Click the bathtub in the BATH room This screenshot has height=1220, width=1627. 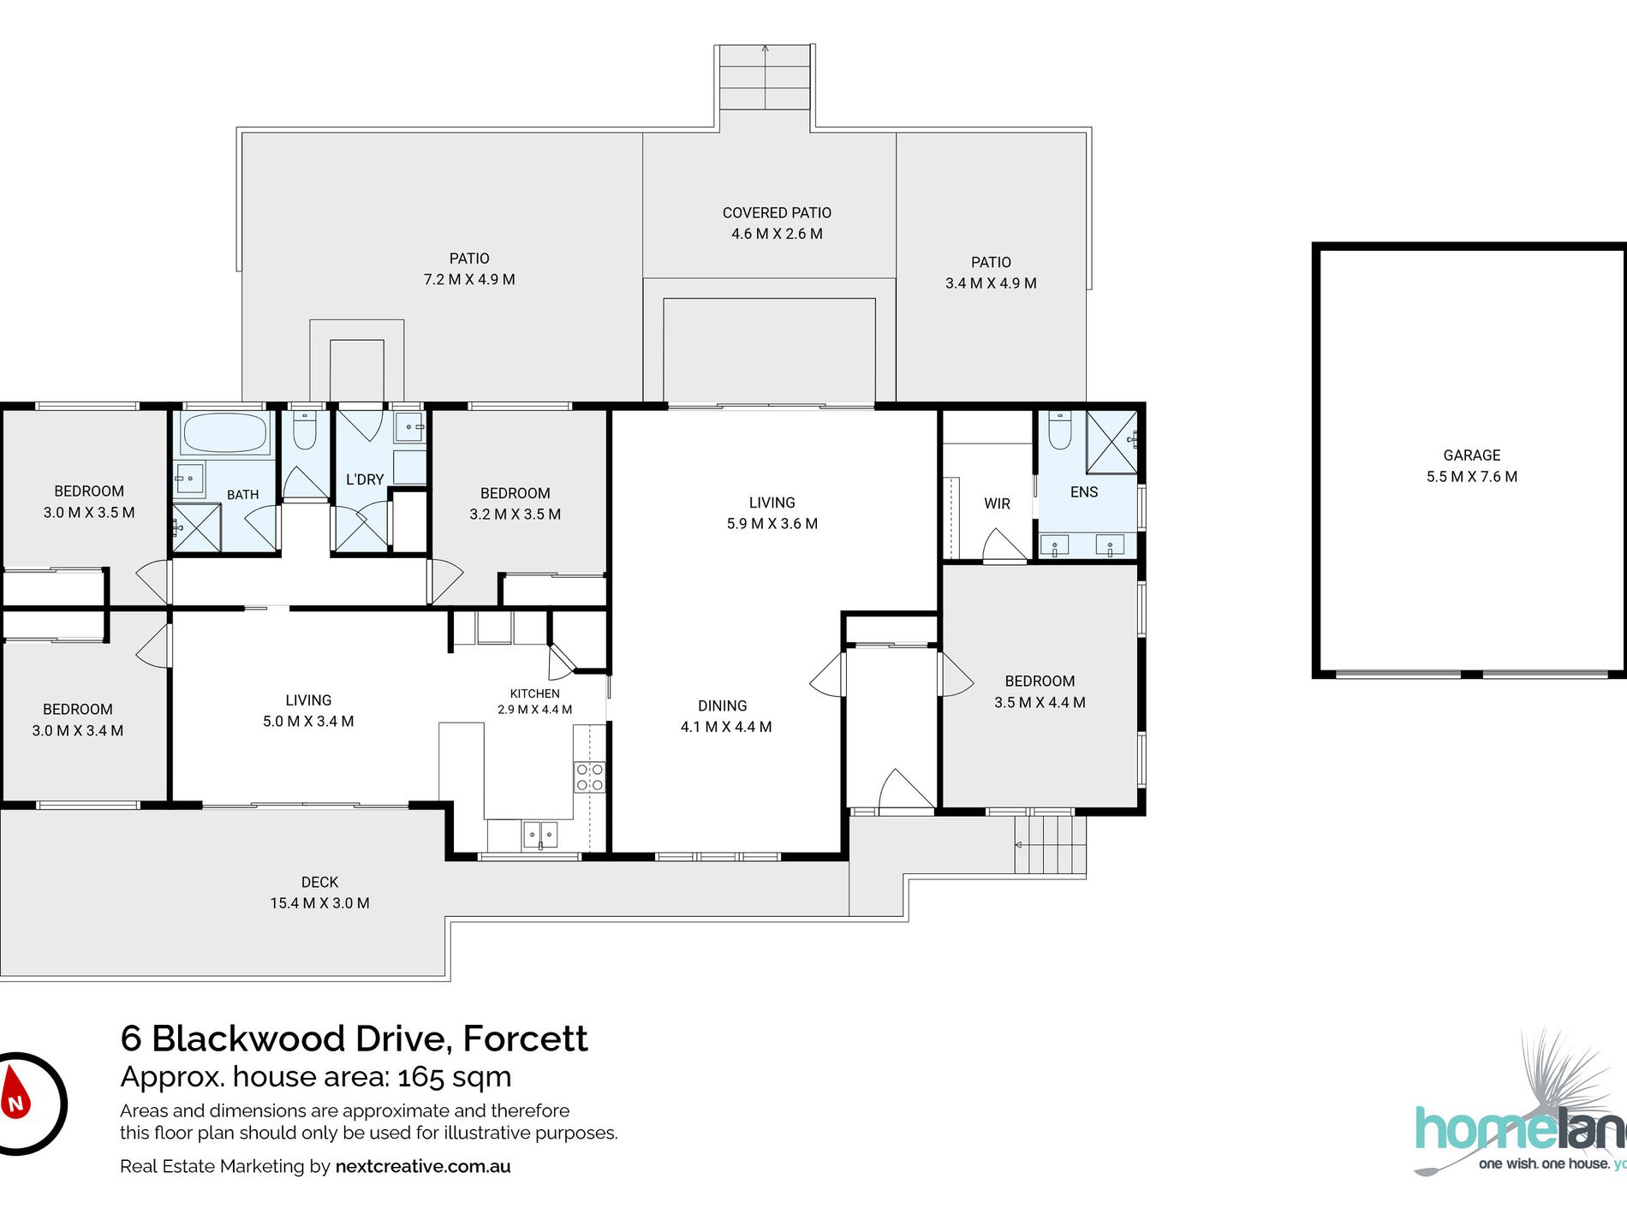click(225, 432)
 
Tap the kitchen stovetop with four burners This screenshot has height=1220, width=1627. click(590, 777)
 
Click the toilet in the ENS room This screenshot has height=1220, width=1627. click(1060, 430)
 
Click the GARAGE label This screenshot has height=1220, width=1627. click(1472, 455)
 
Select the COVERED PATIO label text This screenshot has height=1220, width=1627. click(777, 212)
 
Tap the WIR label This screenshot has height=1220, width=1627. click(997, 503)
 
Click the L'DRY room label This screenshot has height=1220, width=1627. click(365, 479)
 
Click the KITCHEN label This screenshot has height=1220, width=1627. click(535, 693)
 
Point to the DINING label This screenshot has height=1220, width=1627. click(723, 705)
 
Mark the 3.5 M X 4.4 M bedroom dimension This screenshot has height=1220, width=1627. click(1040, 702)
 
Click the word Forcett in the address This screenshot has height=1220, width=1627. click(525, 1038)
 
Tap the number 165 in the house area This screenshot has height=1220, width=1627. click(420, 1076)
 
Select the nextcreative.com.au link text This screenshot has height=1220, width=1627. click(423, 1166)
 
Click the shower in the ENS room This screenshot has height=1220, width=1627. click(1111, 441)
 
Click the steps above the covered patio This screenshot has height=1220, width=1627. click(765, 77)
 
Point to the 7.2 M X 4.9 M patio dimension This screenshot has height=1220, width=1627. click(469, 279)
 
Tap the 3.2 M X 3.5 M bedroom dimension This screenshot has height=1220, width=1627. click(516, 514)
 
